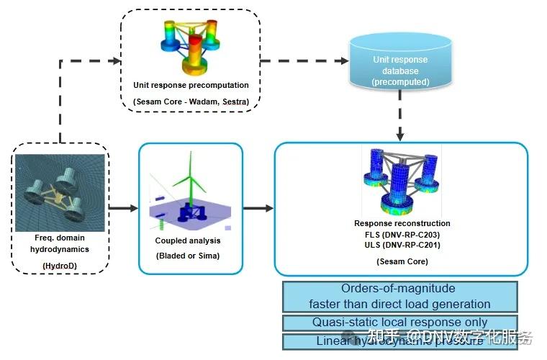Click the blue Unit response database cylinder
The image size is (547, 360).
click(399, 64)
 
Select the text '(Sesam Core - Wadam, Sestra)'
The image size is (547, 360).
click(190, 102)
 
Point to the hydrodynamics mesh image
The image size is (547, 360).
click(60, 194)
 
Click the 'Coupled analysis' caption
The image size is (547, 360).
click(188, 240)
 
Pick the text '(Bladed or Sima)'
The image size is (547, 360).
click(188, 256)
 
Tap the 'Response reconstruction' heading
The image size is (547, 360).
click(402, 223)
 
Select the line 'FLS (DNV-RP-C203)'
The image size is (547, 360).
click(402, 235)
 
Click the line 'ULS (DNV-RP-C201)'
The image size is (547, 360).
click(402, 246)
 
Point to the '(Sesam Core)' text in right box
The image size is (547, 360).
click(402, 261)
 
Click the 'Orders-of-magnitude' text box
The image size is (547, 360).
click(399, 296)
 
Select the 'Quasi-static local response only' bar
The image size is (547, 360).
click(399, 323)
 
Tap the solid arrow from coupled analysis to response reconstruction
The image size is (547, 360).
click(258, 209)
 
